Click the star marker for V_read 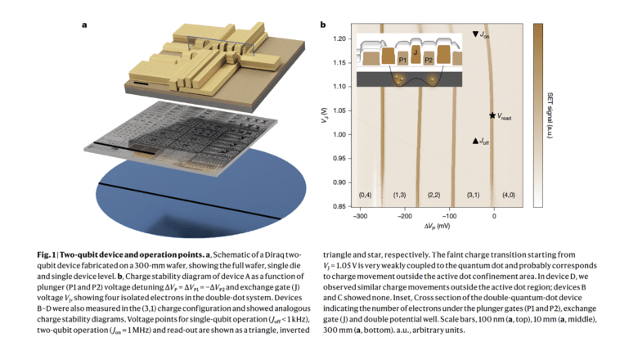tap(492, 116)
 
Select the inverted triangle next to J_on tap(476, 34)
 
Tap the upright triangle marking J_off tap(475, 141)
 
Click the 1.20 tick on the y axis tap(340, 38)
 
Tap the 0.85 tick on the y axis tap(340, 206)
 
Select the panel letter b tap(322, 25)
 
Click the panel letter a tap(84, 25)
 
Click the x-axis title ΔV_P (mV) tap(426, 226)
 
